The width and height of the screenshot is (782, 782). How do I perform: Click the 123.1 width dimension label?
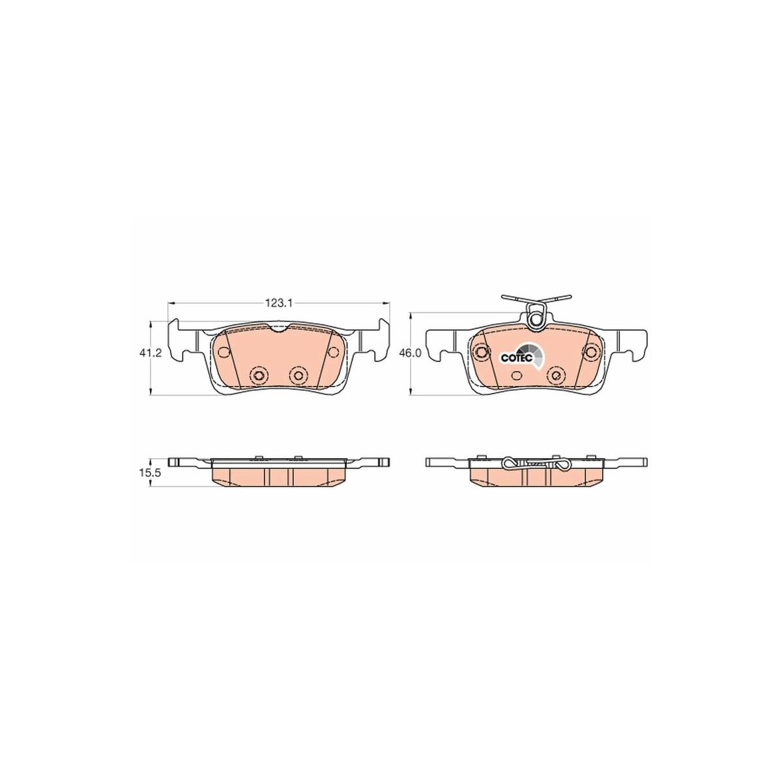[x=278, y=303]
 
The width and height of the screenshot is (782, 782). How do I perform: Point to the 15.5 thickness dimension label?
[x=151, y=472]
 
